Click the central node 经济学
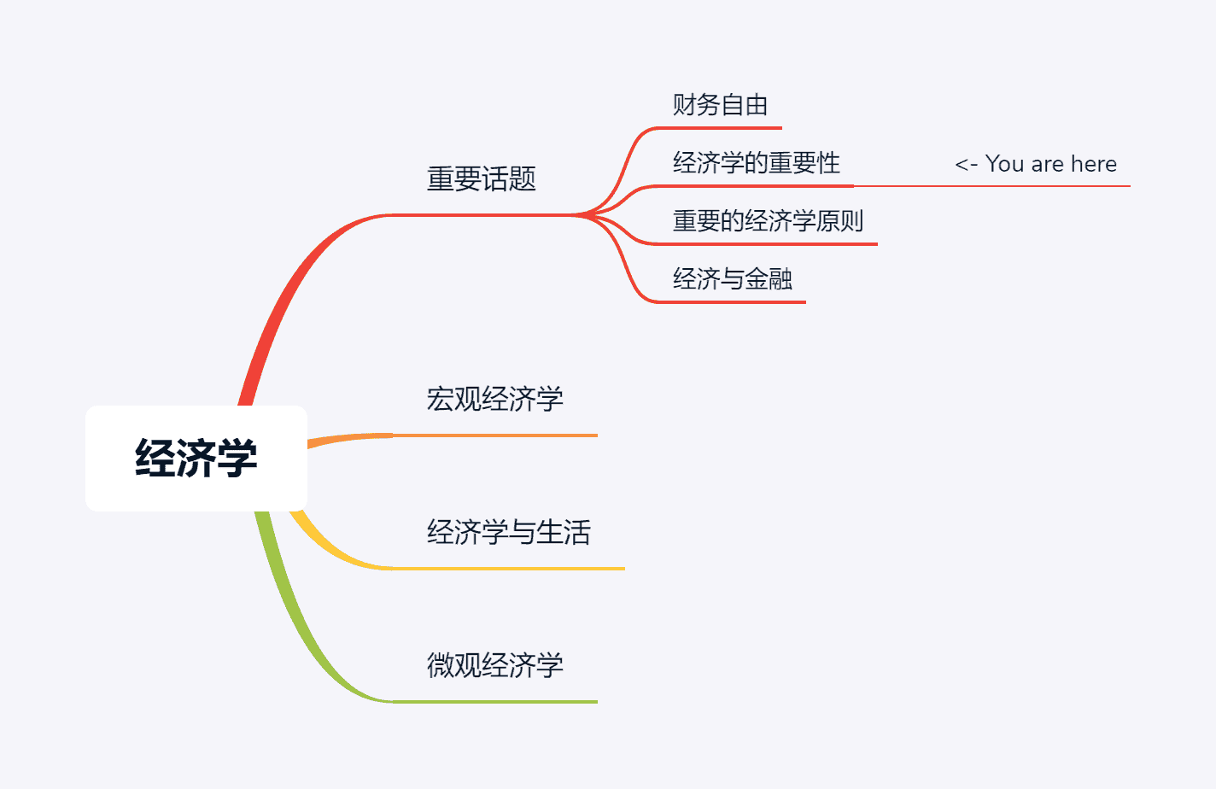pos(196,458)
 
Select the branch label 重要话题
pos(481,179)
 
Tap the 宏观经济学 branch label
pos(494,399)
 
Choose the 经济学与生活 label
pos(508,532)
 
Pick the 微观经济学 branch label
pos(494,665)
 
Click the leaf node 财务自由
pos(720,105)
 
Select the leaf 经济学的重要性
pos(756,163)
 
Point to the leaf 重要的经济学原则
pos(768,221)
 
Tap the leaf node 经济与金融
pos(732,279)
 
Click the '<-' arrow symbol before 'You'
pos(966,164)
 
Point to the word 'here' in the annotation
pos(1093,164)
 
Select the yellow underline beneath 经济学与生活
pos(512,568)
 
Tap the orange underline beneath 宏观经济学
pos(495,435)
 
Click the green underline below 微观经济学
pos(495,702)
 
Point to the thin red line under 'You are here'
pos(991,185)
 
